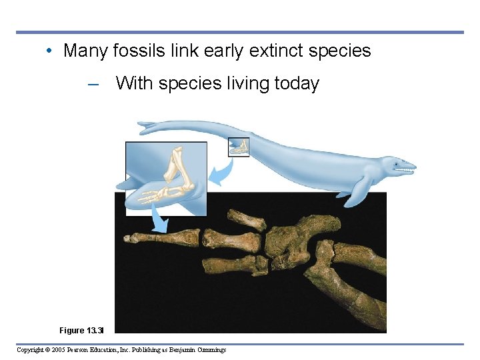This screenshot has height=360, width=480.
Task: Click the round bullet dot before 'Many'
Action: point(51,51)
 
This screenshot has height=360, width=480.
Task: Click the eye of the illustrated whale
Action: point(399,162)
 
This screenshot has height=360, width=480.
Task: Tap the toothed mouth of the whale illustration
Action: point(403,171)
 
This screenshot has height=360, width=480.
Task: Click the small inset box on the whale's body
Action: point(239,147)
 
